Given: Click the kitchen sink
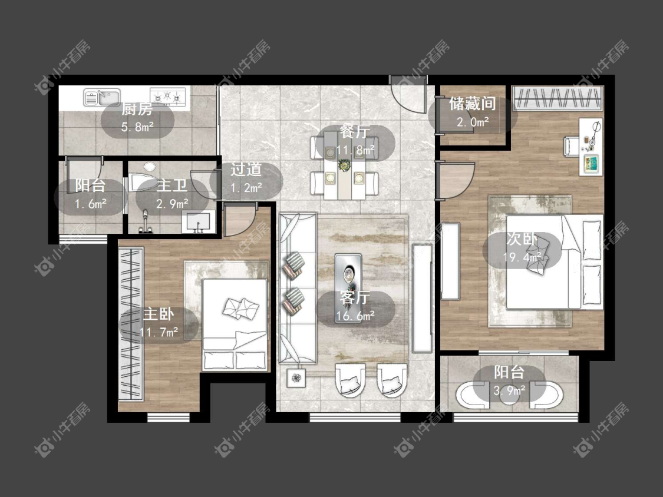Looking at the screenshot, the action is tap(102, 97).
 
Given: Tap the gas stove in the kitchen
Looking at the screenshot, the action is tap(168, 97).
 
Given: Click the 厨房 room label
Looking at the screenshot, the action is tap(137, 110).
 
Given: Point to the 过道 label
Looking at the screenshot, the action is tap(246, 170).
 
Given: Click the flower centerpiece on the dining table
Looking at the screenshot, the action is tap(345, 164).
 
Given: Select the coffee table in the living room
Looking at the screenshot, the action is tap(348, 287).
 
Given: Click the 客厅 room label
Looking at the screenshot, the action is tap(355, 298).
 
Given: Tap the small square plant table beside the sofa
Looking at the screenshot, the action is tap(296, 377).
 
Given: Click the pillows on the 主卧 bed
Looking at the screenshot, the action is tap(240, 307).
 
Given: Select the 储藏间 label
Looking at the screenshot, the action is tap(472, 104).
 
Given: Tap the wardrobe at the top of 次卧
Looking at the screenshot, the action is tap(558, 98).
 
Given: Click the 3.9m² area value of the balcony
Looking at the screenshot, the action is tap(510, 390).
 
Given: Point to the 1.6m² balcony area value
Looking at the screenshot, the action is tap(90, 204).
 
